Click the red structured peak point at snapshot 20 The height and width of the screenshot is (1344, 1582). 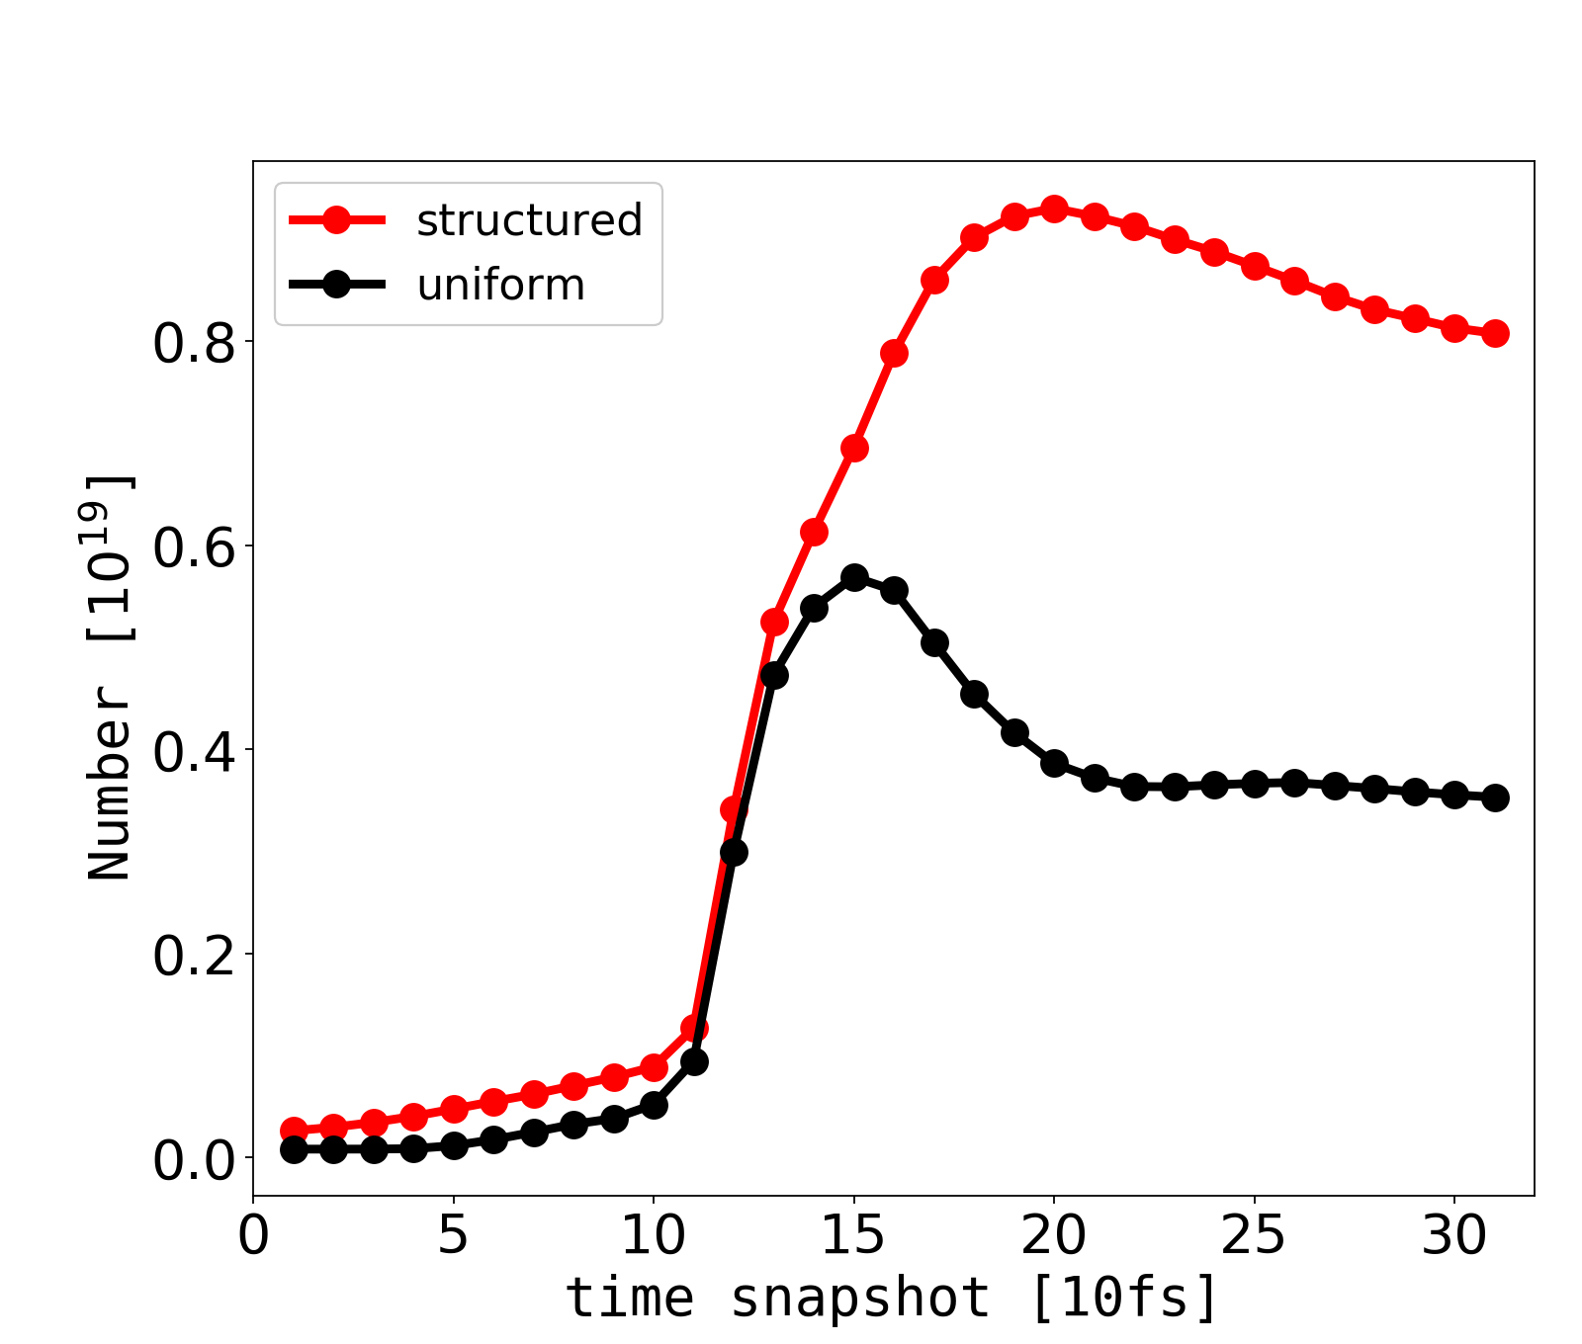pyautogui.click(x=1054, y=210)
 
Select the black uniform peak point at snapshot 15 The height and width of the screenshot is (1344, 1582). pyautogui.click(x=854, y=577)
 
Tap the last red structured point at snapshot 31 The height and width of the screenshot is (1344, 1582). pyautogui.click(x=1495, y=333)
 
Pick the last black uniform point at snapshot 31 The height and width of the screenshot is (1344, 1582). pyautogui.click(x=1495, y=798)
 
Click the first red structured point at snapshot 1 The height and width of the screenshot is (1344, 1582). pyautogui.click(x=294, y=1130)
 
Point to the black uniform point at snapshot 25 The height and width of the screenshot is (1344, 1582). pyautogui.click(x=1255, y=784)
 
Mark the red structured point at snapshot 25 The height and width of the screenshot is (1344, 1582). pyautogui.click(x=1255, y=266)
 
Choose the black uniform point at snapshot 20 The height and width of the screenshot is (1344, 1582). pyautogui.click(x=1054, y=763)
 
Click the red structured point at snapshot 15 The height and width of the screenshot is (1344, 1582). pyautogui.click(x=854, y=449)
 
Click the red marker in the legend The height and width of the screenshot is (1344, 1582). pyautogui.click(x=336, y=220)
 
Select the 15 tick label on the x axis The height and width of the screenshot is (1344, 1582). pyautogui.click(x=852, y=1237)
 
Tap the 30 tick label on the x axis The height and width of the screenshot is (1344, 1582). pyautogui.click(x=1453, y=1237)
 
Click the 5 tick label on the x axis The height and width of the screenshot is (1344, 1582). pyautogui.click(x=453, y=1237)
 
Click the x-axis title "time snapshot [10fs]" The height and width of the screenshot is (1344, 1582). pyautogui.click(x=892, y=1298)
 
